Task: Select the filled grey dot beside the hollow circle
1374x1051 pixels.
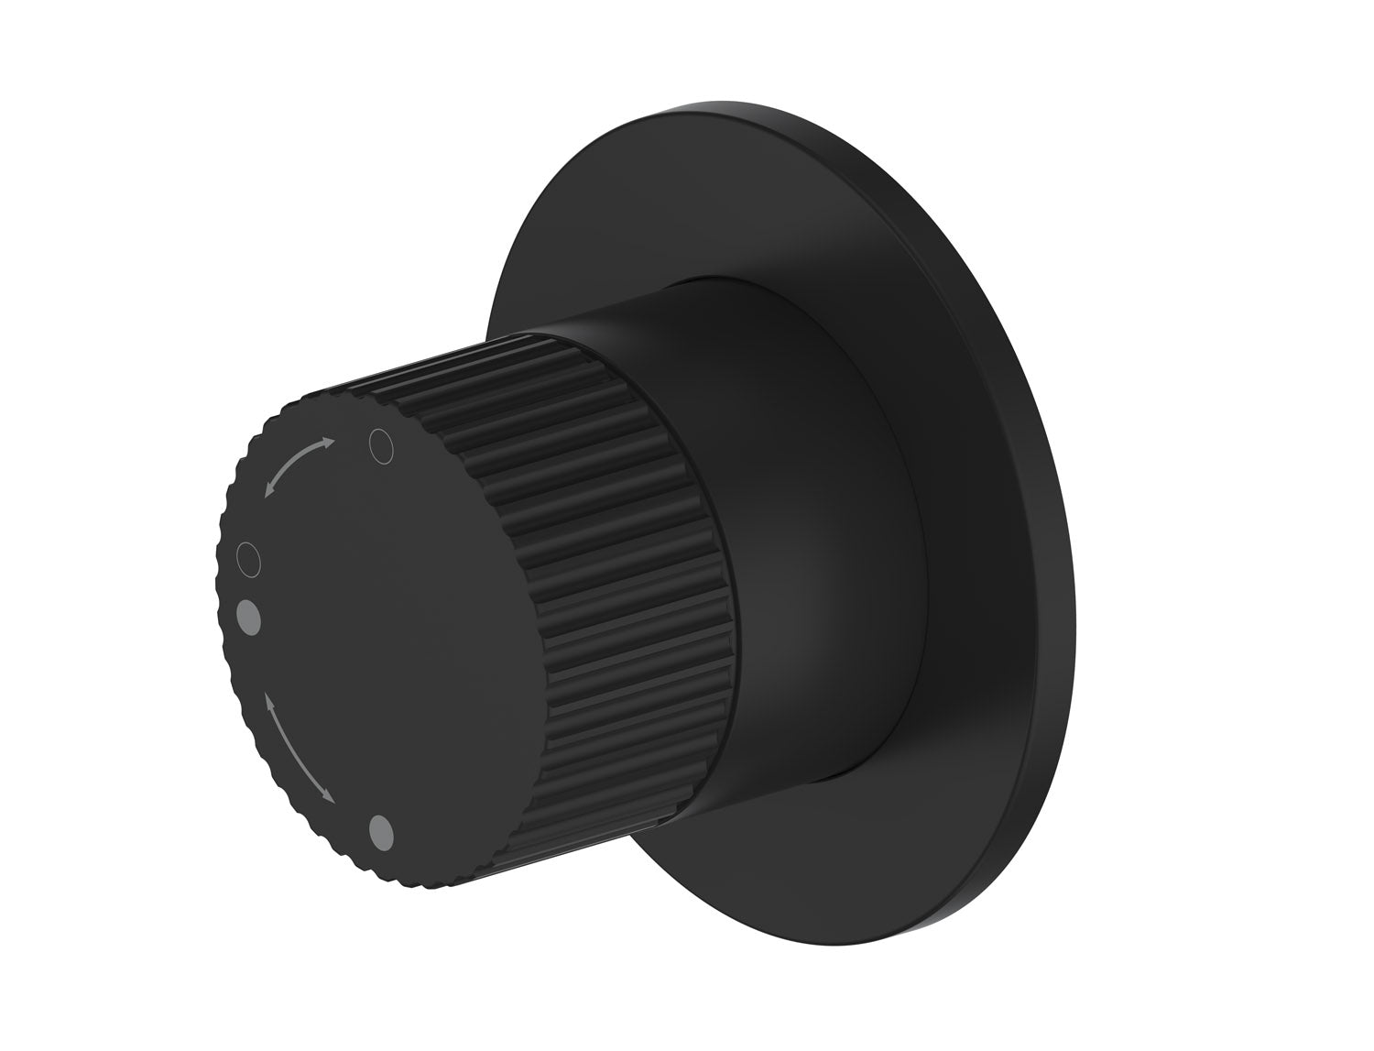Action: coord(248,616)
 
